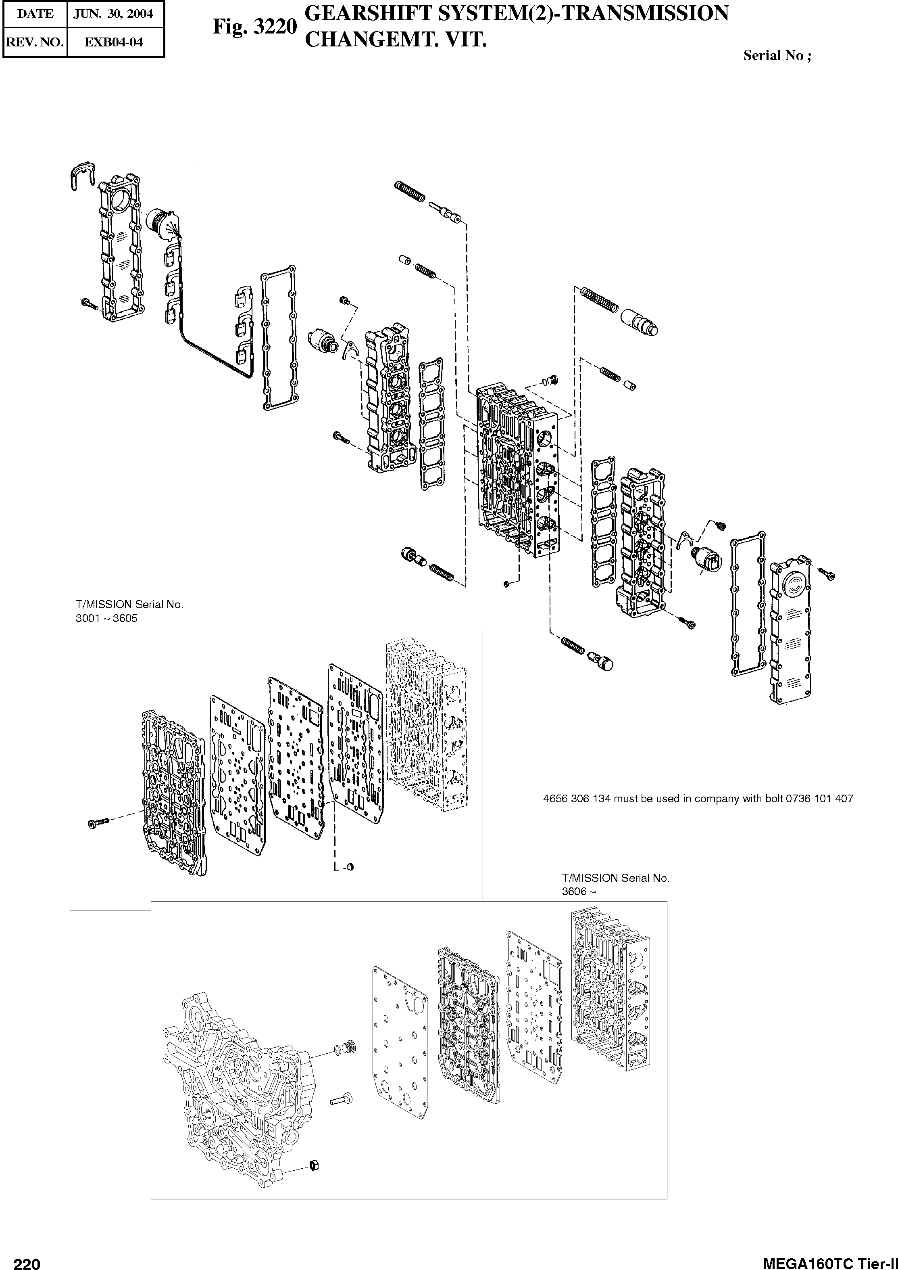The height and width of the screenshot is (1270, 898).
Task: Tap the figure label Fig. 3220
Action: tap(255, 27)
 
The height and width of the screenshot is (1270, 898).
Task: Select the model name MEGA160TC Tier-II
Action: tap(829, 1260)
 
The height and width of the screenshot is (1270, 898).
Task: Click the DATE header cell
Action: tap(35, 14)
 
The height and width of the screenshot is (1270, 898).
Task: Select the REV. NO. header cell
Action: tap(35, 42)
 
